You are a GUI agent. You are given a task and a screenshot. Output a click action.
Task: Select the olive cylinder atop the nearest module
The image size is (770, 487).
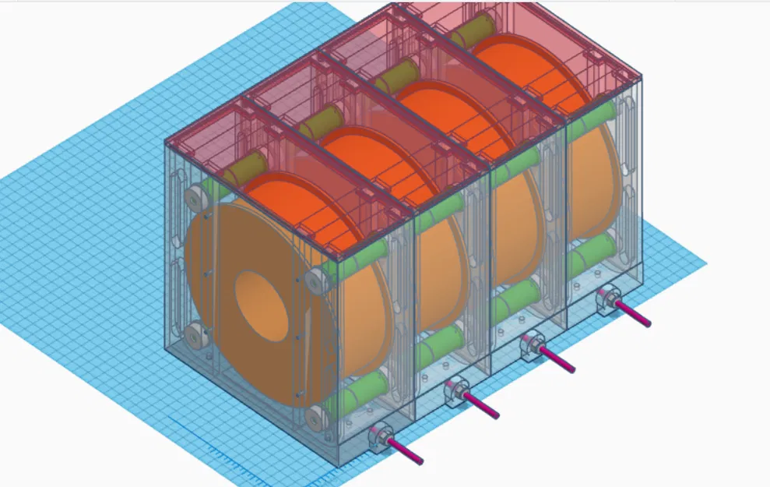click(245, 168)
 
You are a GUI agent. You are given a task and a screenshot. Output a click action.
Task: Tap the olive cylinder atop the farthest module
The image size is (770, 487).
click(466, 32)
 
